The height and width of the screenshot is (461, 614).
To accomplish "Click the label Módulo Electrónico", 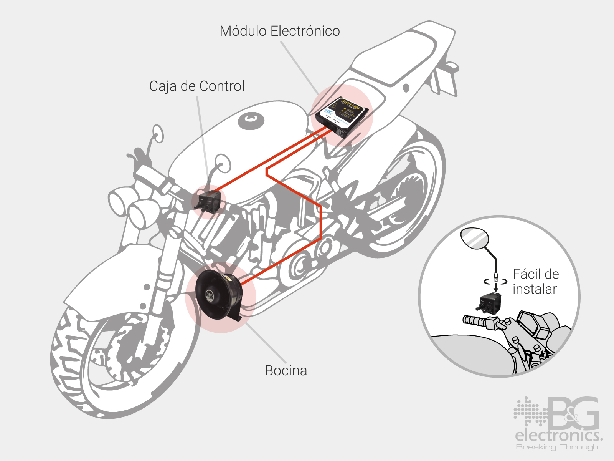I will click(x=279, y=31).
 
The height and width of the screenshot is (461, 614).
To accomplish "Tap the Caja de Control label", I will click(x=196, y=86).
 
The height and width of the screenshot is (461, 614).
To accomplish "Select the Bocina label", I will click(x=286, y=371).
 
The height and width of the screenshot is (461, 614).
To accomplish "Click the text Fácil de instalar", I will click(x=535, y=282).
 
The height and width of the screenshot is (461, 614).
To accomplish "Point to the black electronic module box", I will click(x=342, y=115).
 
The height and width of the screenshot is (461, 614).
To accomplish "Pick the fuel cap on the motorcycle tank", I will click(x=251, y=121).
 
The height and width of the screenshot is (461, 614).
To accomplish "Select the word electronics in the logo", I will click(x=558, y=436).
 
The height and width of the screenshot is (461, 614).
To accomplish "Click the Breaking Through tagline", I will click(x=557, y=447).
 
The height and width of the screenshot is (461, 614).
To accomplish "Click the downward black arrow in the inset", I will click(x=495, y=286).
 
